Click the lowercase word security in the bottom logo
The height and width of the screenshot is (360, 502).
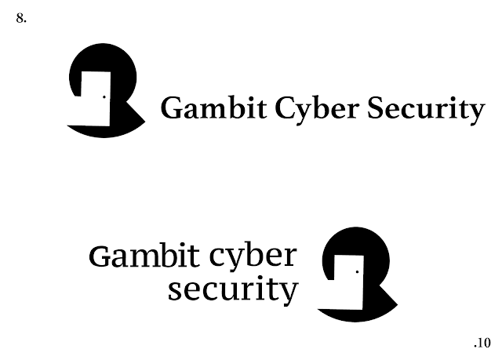click(x=234, y=289)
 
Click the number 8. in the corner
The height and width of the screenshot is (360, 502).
click(x=21, y=18)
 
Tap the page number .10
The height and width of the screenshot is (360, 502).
click(x=482, y=343)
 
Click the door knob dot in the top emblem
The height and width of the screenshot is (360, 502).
click(x=104, y=97)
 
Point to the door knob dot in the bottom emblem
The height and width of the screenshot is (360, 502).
click(x=357, y=272)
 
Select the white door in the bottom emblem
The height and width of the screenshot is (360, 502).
click(x=347, y=278)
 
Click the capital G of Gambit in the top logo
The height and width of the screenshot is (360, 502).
click(x=171, y=109)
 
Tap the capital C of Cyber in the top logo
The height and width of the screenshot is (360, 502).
click(x=284, y=109)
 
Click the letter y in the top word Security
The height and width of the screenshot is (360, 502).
click(x=477, y=114)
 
